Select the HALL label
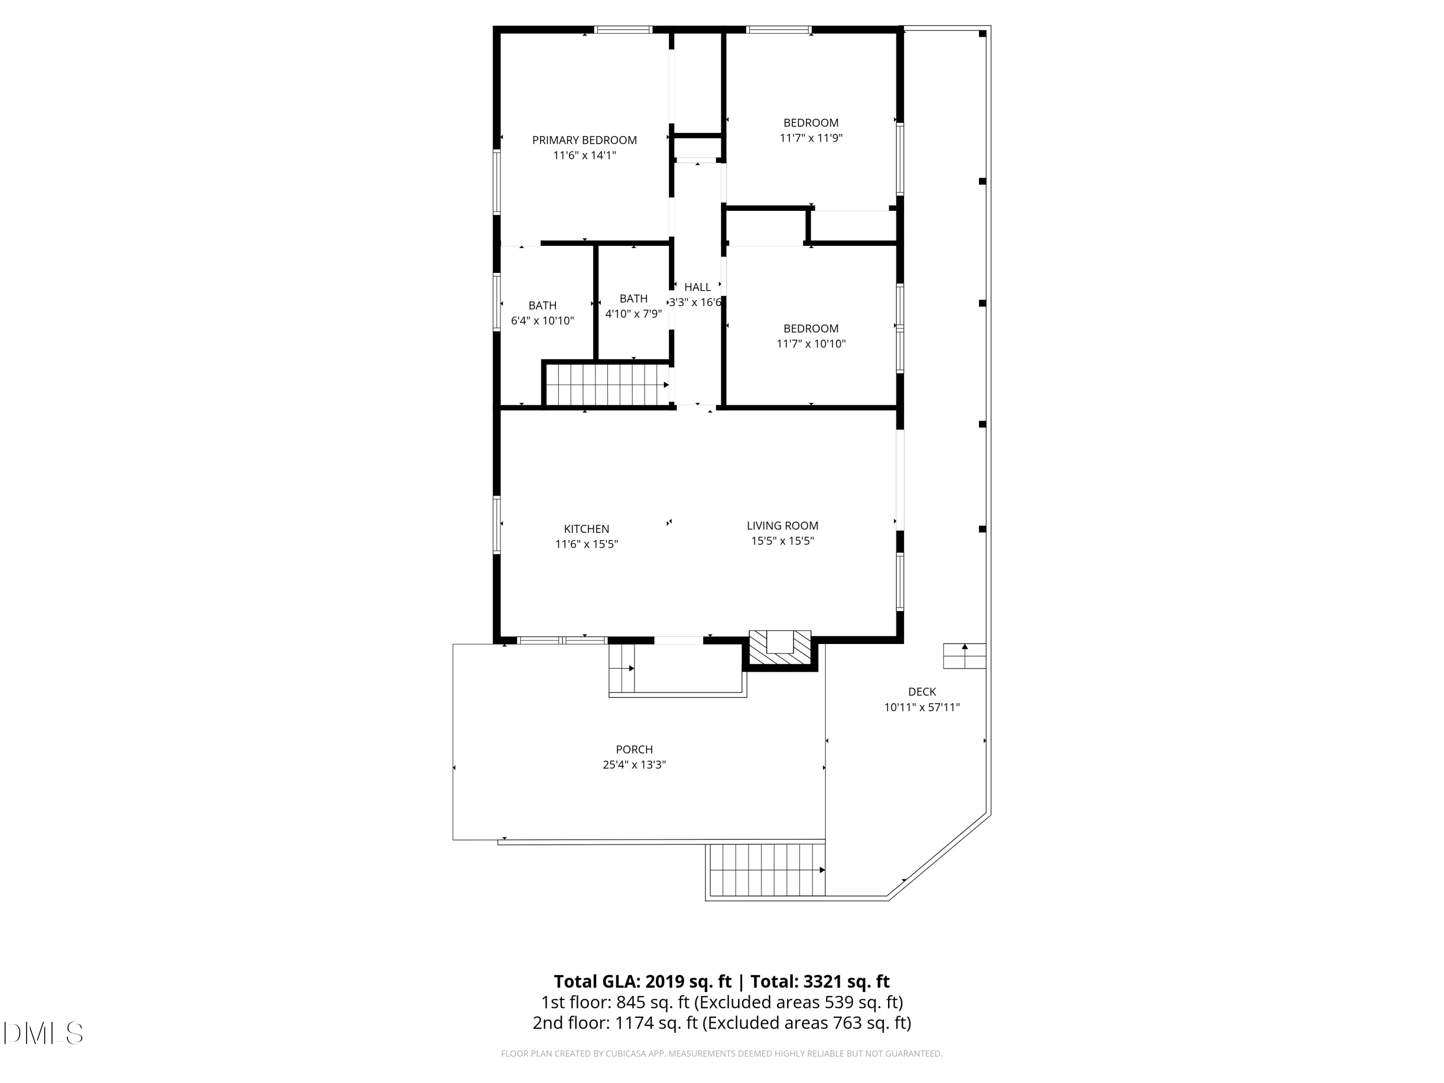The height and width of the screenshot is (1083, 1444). coord(697,287)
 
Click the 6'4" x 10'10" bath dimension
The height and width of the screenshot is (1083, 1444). coord(542,321)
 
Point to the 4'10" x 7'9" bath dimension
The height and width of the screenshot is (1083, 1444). coord(633,314)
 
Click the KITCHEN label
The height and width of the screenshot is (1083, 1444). coord(586,529)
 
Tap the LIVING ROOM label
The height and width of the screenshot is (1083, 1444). coord(782,526)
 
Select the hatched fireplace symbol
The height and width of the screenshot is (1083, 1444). coord(780,649)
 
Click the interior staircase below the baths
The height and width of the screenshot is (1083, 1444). coord(606,385)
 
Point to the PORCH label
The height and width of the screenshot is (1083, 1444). coord(634,749)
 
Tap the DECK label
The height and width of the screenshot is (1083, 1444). coord(922,692)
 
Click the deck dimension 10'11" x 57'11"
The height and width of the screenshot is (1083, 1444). coord(922,708)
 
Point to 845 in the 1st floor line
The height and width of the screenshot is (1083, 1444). coord(631,1002)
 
